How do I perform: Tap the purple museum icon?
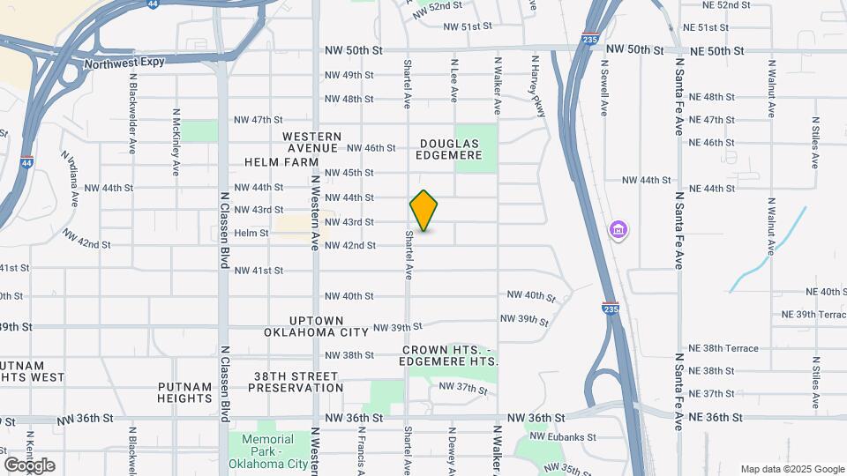click(618, 231)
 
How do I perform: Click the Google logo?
click(29, 465)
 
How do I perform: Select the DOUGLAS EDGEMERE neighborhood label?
click(451, 149)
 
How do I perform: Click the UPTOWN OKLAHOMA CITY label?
click(315, 326)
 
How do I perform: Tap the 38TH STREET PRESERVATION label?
click(296, 381)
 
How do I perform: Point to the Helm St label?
click(251, 233)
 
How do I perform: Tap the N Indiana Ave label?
click(71, 180)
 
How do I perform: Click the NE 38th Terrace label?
click(723, 348)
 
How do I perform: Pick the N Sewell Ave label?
click(604, 87)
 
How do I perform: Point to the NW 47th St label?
click(258, 120)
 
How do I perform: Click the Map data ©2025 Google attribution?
click(791, 469)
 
